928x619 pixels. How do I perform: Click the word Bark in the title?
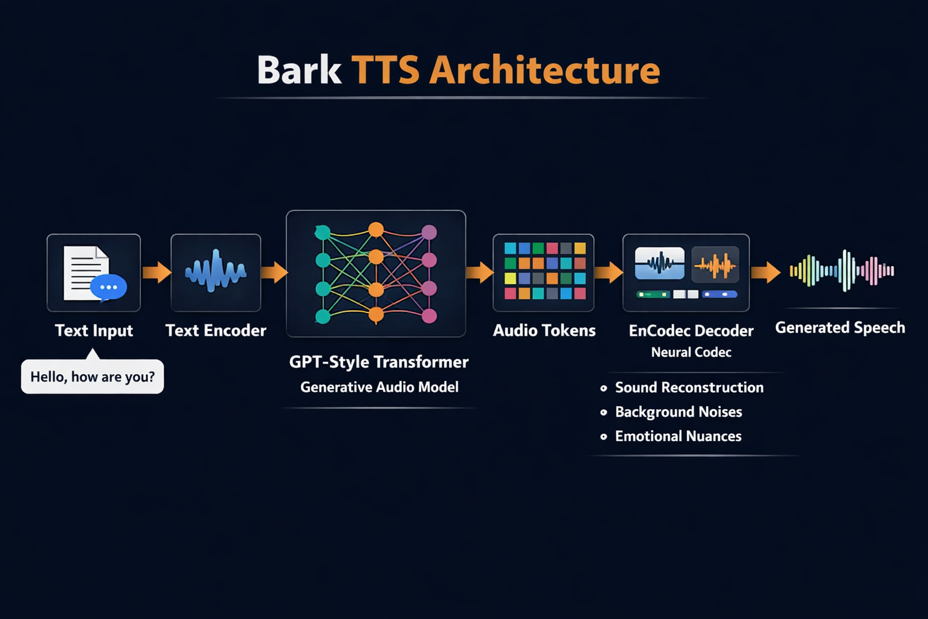click(299, 70)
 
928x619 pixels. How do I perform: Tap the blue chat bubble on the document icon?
click(109, 287)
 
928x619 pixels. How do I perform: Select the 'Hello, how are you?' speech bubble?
click(92, 377)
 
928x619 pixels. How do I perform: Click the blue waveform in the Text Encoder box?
click(216, 271)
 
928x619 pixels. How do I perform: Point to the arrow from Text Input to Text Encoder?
click(156, 272)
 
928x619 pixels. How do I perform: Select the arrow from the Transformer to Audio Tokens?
click(480, 272)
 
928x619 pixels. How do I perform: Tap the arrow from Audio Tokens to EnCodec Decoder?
click(608, 272)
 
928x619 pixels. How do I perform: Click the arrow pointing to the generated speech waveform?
click(765, 272)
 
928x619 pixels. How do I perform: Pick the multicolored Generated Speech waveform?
click(842, 271)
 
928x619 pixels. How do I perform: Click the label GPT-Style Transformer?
click(379, 362)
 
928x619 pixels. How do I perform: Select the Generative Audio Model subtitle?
click(379, 387)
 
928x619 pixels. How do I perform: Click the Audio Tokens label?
click(544, 331)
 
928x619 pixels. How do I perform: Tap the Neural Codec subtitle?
click(691, 352)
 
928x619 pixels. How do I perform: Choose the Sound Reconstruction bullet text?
click(689, 387)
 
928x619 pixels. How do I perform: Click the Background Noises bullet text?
click(678, 412)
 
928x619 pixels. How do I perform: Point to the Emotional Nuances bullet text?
click(678, 436)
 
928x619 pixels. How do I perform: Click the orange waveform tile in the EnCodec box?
click(715, 265)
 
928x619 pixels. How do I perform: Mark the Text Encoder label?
click(216, 331)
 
